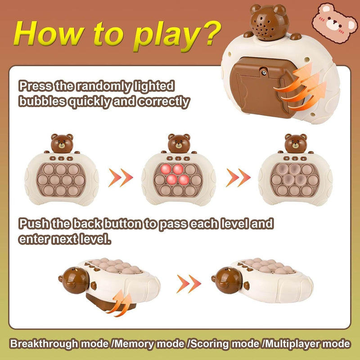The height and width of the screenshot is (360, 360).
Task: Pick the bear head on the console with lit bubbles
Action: click(179, 143)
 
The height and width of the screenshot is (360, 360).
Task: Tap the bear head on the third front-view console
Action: click(296, 143)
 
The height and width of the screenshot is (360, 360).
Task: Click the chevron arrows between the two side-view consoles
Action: click(189, 283)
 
